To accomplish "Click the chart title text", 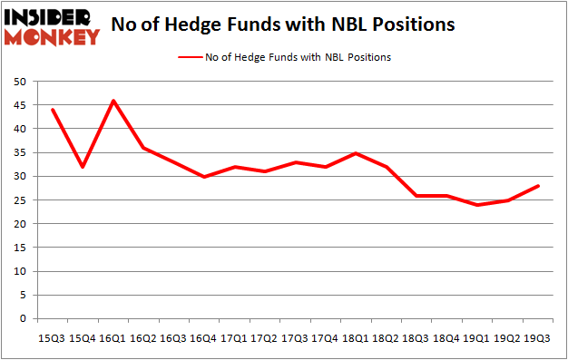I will point(284,24).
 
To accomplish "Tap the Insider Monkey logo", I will point(52,25).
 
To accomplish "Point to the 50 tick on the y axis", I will point(19,82).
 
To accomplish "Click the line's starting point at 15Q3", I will point(52,110).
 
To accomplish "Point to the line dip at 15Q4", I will point(83,167).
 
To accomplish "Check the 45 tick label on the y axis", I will point(19,105).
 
